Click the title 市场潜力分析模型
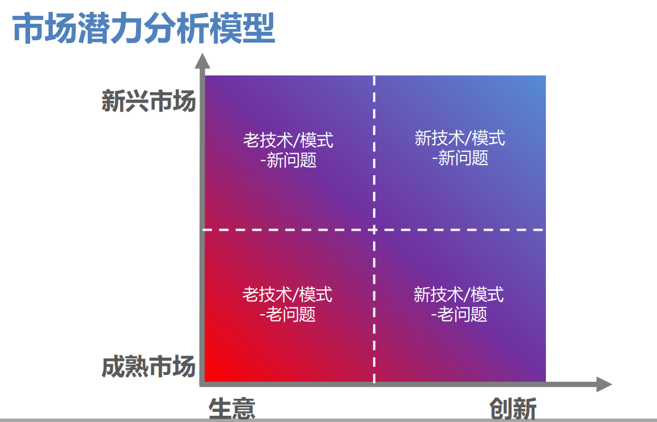tap(144, 28)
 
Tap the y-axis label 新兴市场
tap(149, 101)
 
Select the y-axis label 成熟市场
tap(149, 366)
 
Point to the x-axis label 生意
tap(232, 408)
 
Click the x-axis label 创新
tap(513, 408)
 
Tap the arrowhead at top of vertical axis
tap(202, 61)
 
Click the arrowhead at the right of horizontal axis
tap(604, 385)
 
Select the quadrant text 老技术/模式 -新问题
tap(289, 150)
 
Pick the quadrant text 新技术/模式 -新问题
tap(460, 148)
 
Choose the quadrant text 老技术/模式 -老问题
tap(287, 304)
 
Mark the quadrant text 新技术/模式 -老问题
tap(459, 304)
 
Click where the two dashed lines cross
tap(374, 230)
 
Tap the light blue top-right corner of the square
tap(545, 77)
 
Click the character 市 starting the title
tap(28, 28)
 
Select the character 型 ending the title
tap(259, 28)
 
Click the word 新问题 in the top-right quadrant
tap(464, 158)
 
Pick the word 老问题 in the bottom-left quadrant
tap(291, 314)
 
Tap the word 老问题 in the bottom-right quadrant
tap(463, 314)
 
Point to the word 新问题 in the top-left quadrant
tap(291, 160)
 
